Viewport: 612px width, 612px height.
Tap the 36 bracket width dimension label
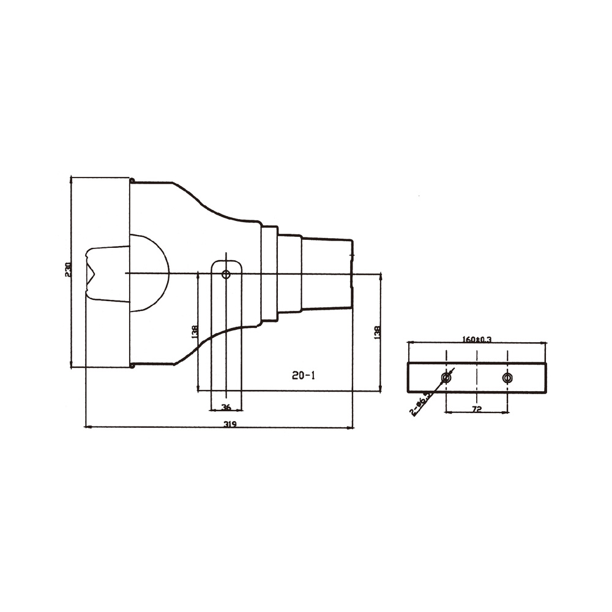[226, 408]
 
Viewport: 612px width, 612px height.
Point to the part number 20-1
[304, 376]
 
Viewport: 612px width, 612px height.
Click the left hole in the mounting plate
[447, 378]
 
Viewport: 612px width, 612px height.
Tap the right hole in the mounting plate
[507, 378]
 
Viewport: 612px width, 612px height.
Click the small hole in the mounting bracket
[226, 275]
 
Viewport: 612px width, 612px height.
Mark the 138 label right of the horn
[378, 332]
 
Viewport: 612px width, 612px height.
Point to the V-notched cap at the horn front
[105, 273]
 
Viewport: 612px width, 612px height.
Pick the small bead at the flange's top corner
[132, 181]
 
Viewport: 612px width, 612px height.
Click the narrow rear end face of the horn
[352, 273]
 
